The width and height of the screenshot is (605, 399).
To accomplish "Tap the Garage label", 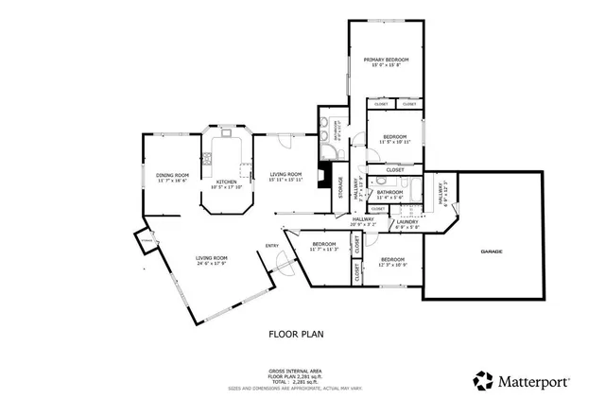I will tap(491, 252).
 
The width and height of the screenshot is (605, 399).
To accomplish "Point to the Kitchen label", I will tap(227, 182).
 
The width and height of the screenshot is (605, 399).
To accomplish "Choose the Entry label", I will tap(272, 246).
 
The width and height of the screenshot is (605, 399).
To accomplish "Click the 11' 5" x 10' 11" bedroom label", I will tap(393, 142).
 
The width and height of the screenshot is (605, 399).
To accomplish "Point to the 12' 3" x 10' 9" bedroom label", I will tap(392, 264).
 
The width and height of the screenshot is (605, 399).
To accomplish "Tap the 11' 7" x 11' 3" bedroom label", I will tap(324, 250).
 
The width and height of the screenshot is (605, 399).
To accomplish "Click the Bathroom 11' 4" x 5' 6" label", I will tap(389, 195).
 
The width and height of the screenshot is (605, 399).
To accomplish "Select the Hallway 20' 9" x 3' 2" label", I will tap(362, 222).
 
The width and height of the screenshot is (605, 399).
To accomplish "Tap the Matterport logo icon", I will tap(483, 380).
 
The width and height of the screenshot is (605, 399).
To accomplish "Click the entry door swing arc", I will tap(281, 269).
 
